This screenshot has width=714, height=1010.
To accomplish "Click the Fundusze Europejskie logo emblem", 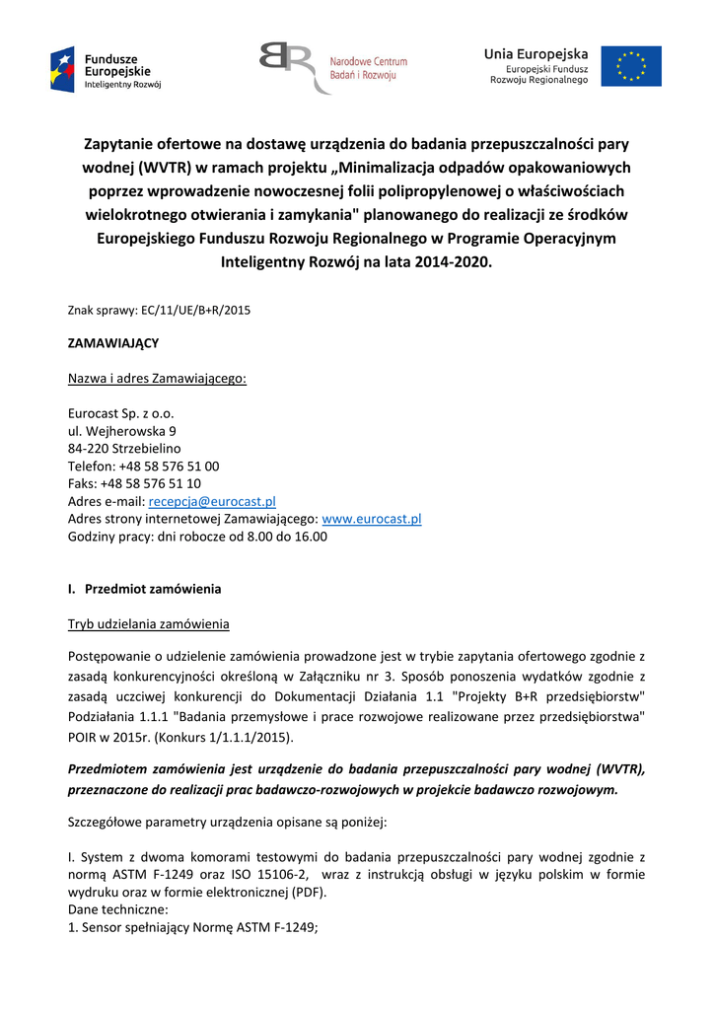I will (62, 68).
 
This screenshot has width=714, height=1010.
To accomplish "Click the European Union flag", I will (631, 66).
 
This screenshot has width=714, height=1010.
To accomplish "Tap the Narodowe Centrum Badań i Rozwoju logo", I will (333, 67).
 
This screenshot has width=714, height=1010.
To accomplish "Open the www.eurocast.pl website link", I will (372, 519).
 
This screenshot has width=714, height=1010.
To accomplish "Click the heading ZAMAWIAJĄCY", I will (112, 343).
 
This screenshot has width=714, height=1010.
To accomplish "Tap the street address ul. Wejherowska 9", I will (122, 431).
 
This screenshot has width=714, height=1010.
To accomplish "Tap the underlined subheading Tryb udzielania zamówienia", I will (148, 623).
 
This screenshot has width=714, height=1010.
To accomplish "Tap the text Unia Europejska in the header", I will (535, 53).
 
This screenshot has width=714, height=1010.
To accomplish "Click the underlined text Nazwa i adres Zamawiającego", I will (157, 379).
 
